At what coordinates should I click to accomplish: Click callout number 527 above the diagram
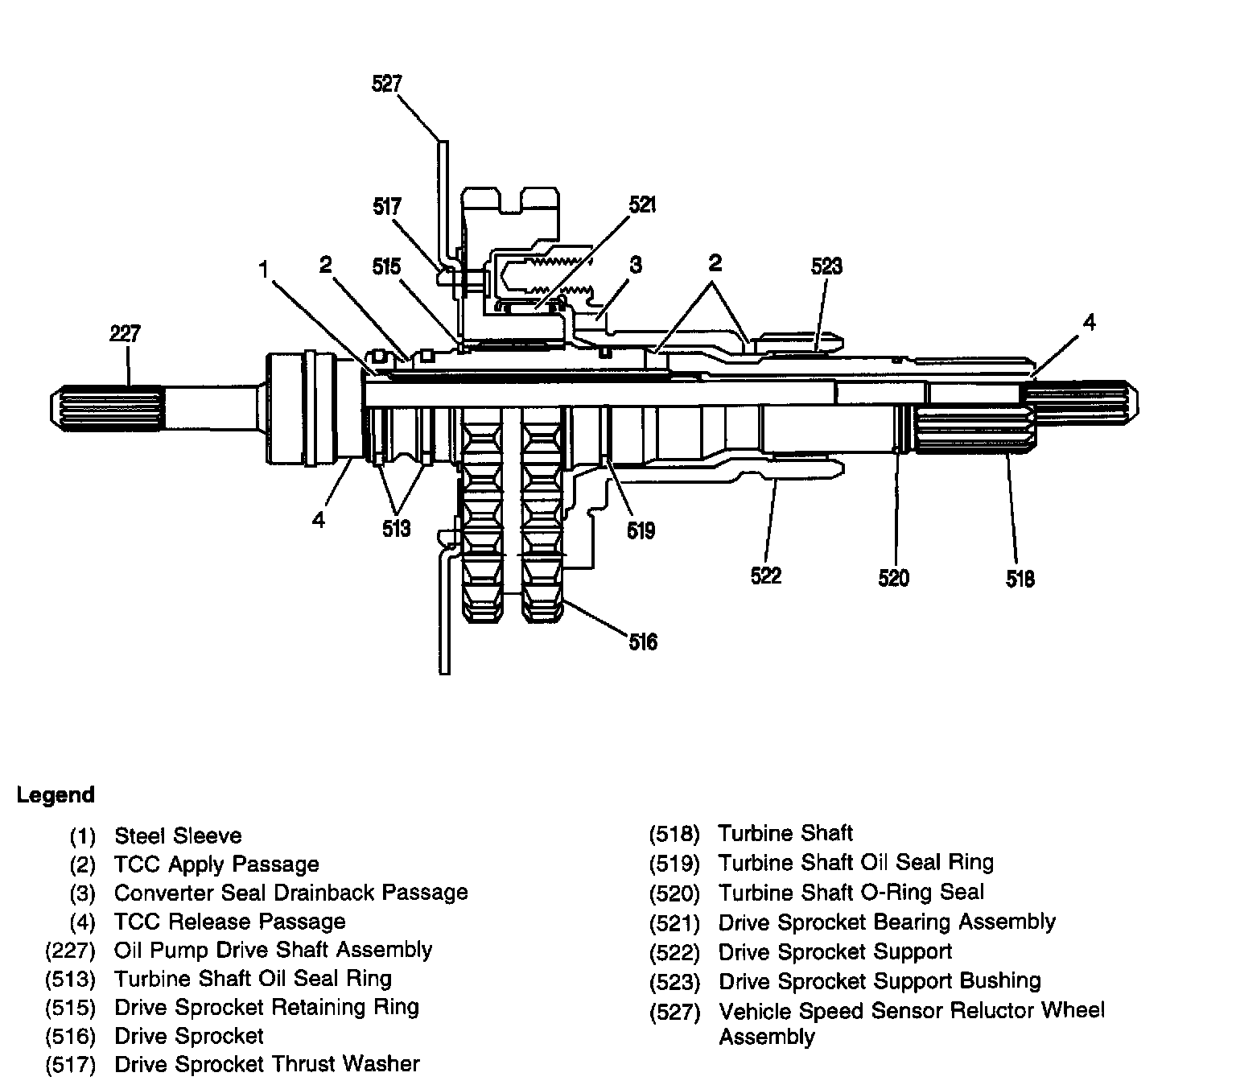(387, 84)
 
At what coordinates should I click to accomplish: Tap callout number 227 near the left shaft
(125, 333)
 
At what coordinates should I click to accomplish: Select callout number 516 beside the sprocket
(643, 642)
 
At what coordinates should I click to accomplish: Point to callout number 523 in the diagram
(826, 266)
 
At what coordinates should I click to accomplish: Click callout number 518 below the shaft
(1020, 579)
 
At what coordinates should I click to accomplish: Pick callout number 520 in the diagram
(894, 578)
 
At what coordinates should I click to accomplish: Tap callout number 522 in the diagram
(766, 576)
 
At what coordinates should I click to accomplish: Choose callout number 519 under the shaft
(641, 531)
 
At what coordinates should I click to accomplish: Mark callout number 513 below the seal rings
(397, 529)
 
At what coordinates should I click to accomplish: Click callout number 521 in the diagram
(642, 205)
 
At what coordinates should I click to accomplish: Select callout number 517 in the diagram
(387, 207)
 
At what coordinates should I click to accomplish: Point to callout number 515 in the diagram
(387, 266)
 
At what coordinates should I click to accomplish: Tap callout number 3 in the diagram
(636, 265)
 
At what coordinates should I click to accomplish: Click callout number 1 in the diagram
(264, 269)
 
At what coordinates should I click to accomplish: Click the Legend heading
(56, 794)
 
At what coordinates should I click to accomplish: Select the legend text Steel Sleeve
(178, 835)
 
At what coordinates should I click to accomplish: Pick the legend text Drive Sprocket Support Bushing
(880, 980)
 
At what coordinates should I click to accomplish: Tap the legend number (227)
(71, 951)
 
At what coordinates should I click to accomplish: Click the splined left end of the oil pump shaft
(107, 407)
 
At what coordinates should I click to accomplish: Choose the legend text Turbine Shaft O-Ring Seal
(851, 892)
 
